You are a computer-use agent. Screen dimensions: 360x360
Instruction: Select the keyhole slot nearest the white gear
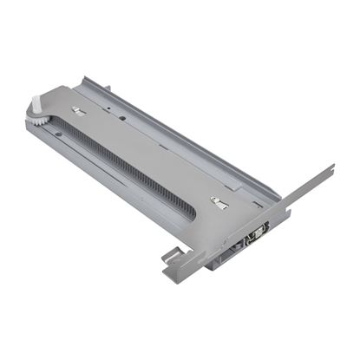[x=77, y=109]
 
